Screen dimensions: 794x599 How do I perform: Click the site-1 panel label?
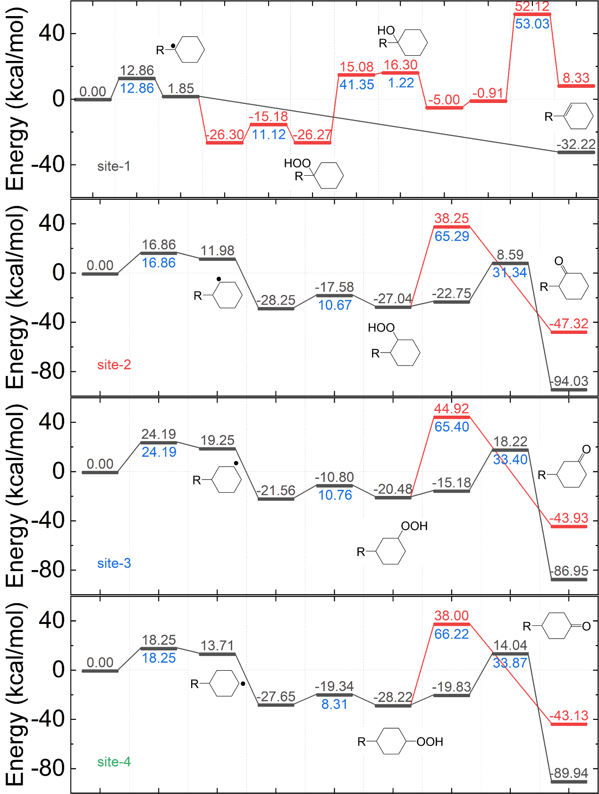click(x=114, y=166)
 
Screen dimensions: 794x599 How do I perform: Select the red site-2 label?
click(x=114, y=365)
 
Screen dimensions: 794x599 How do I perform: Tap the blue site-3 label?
click(x=114, y=563)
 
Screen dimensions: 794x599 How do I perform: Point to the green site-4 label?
click(x=114, y=761)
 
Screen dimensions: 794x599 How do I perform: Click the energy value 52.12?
click(x=532, y=7)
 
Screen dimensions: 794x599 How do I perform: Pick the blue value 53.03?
click(x=532, y=24)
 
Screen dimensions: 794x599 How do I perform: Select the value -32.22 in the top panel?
click(x=576, y=144)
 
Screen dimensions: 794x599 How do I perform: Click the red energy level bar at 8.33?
click(x=576, y=85)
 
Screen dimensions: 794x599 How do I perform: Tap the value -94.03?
click(x=570, y=381)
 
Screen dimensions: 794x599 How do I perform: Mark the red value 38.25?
click(x=452, y=218)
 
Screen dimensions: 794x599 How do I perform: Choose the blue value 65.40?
click(x=452, y=427)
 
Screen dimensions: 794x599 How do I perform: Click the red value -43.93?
click(x=570, y=518)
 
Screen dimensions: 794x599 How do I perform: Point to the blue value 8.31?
click(x=334, y=704)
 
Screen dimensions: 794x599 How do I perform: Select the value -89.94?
click(x=570, y=773)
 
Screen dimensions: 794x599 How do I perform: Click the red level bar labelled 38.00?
click(x=452, y=624)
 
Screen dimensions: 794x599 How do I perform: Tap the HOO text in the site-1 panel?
click(x=297, y=163)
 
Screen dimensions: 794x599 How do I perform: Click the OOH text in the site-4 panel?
click(x=430, y=742)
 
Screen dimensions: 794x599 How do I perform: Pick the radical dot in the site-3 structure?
click(x=236, y=463)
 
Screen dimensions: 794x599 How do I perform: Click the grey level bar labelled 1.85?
click(x=181, y=96)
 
